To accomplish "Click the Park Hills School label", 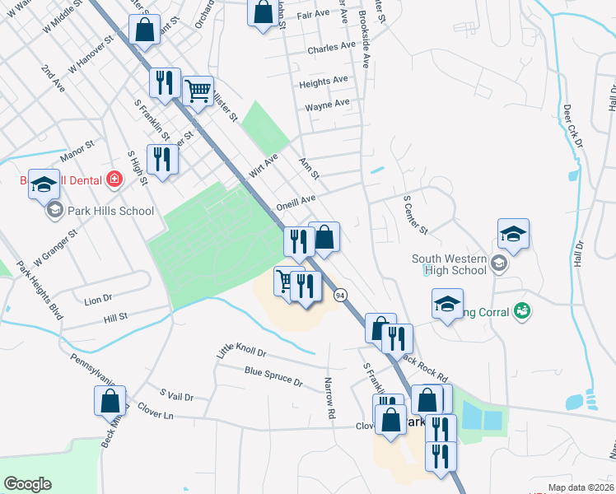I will tap(112, 211).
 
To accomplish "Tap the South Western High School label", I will tap(449, 264).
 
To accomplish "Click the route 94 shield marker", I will tap(339, 294).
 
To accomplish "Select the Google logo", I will tap(27, 483).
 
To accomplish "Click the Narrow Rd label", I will tap(329, 398).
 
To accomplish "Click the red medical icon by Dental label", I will tap(114, 179).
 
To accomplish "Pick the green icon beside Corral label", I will tap(521, 310).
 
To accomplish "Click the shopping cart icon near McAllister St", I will tap(198, 91).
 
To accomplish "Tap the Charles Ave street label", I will tap(329, 49).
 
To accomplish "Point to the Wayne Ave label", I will tap(327, 105).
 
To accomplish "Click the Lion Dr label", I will tap(98, 301).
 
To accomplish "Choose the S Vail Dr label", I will tap(176, 396).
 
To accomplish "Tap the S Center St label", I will tap(415, 213).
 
